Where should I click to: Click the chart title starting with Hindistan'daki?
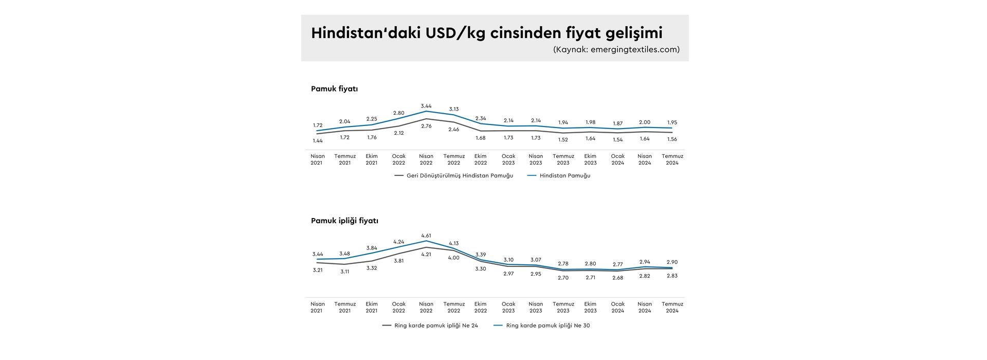tap(486, 33)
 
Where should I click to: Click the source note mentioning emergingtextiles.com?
tap(616, 50)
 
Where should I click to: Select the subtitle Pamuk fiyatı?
tap(334, 89)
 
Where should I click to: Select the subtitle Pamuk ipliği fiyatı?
tap(344, 221)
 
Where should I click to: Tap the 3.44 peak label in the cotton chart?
tap(426, 106)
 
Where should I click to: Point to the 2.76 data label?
tap(426, 126)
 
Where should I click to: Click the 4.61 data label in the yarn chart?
tap(426, 236)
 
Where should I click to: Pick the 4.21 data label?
tap(426, 254)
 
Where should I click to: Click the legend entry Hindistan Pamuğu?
tap(564, 176)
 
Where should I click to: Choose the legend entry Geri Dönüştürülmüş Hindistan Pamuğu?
tap(459, 176)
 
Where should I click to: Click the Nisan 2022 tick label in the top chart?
tap(426, 159)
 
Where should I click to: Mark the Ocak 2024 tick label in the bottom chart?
tap(617, 307)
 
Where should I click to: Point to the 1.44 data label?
tap(318, 140)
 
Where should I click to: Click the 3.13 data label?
tap(453, 109)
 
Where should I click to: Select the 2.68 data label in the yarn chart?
tap(617, 278)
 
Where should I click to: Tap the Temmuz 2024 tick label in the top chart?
tap(672, 159)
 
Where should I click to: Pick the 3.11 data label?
tap(344, 272)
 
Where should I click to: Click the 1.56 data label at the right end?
tap(672, 139)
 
